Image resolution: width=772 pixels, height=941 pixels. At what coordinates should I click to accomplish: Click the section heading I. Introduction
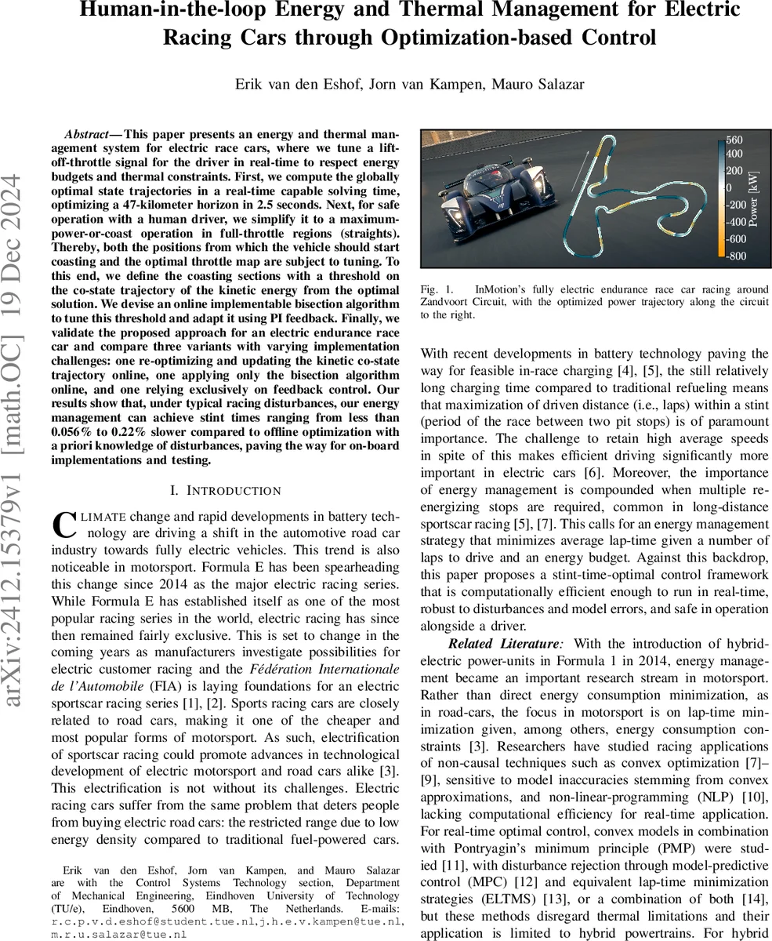tap(226, 491)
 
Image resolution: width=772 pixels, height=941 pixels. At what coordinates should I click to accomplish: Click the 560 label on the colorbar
tap(734, 141)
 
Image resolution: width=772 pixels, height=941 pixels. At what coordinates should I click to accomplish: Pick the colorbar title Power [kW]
tap(753, 199)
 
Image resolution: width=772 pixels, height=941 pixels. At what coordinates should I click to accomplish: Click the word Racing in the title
tap(202, 38)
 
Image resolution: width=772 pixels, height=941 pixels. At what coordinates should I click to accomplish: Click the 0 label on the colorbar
tap(728, 187)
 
